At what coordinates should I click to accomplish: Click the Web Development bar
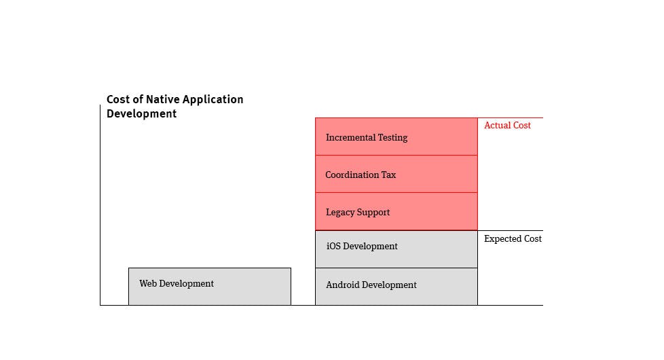(209, 286)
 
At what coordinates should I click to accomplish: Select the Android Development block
(396, 286)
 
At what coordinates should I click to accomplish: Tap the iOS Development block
(396, 249)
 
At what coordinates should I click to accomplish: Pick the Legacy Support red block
(396, 211)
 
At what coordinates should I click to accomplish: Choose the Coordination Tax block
(396, 174)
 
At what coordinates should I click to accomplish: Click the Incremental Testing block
(396, 137)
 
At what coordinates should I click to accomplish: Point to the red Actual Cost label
(507, 126)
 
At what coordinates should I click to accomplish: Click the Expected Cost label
(513, 239)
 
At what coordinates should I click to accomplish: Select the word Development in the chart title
(141, 114)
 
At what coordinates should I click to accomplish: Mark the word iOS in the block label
(333, 247)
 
